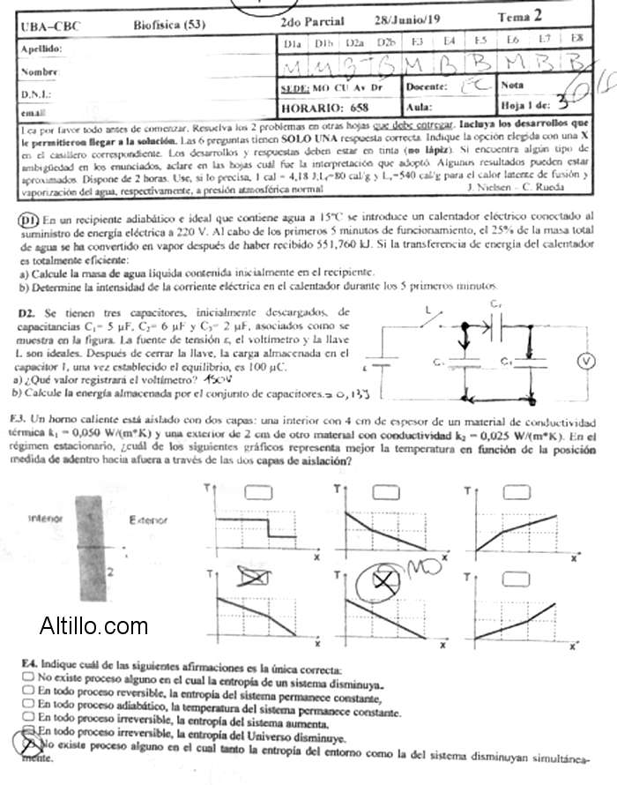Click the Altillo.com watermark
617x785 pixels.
pos(94,627)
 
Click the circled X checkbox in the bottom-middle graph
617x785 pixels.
pos(384,581)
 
